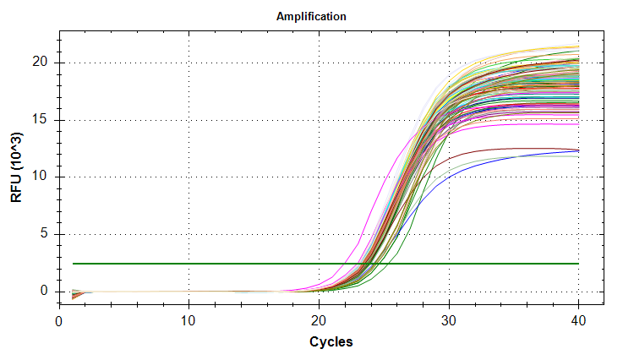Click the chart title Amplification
click(x=311, y=17)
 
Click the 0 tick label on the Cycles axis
click(x=59, y=321)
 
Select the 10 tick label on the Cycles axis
click(x=189, y=321)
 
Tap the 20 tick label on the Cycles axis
click(x=319, y=321)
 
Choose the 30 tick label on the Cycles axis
click(x=449, y=321)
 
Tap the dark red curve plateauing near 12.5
click(x=507, y=148)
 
